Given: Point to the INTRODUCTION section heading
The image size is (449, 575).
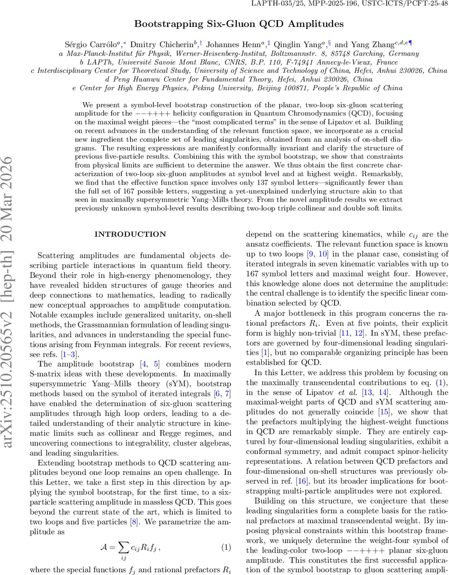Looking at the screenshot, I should click(130, 234).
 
